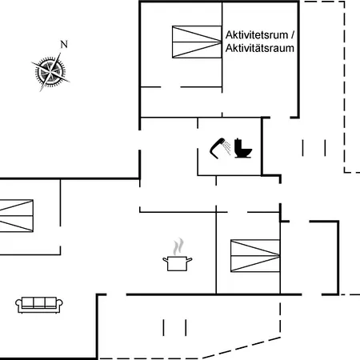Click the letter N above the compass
pos(64,44)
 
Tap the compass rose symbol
pos(50,72)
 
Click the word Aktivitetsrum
pos(257,35)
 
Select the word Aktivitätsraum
pos(260,48)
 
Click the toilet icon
pos(242,148)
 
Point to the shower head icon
pos(218,148)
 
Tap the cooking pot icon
pos(178,263)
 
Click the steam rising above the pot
pos(178,246)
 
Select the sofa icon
pos(39,305)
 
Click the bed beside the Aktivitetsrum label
pos(197,42)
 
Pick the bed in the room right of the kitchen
pos(255,256)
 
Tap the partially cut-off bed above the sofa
pos(16,216)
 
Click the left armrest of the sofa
pos(18,305)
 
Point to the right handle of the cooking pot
pos(190,260)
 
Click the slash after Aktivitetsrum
pos(292,35)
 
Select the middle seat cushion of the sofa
pos(39,302)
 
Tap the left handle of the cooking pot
pos(166,260)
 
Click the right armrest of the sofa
pos(59,305)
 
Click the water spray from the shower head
pos(227,147)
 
